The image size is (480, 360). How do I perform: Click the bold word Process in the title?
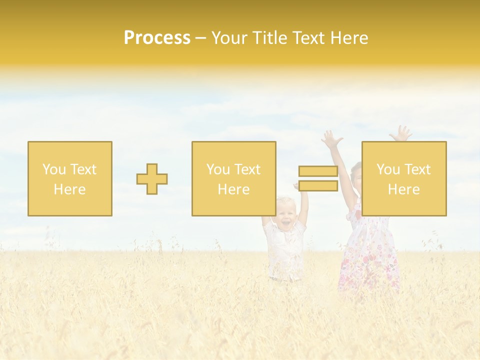tap(157, 38)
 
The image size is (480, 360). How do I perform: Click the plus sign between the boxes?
tap(152, 179)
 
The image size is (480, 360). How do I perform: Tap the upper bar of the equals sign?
tap(318, 171)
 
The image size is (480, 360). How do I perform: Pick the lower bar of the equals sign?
tap(318, 186)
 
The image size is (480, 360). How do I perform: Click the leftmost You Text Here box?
tap(70, 178)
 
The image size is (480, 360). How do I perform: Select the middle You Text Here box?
tap(233, 178)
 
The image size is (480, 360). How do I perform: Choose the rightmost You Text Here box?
tap(404, 178)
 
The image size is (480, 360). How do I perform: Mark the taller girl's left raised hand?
tap(331, 139)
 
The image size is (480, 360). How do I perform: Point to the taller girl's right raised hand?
tap(401, 133)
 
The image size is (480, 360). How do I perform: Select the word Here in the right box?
tap(404, 189)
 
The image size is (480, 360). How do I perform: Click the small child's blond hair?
tap(286, 203)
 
